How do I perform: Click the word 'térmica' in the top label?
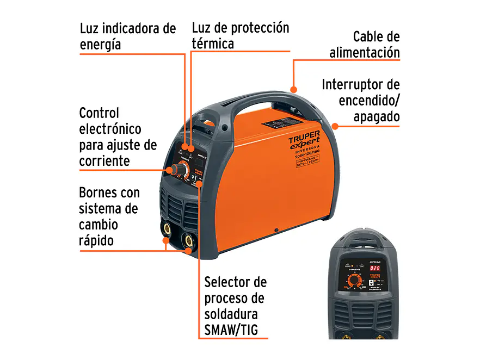pos(212,44)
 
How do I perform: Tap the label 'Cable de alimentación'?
pos(365,45)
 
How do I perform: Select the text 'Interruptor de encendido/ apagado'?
pos(360,101)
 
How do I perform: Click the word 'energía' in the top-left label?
pos(100,44)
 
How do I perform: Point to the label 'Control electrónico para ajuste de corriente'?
pos(118,136)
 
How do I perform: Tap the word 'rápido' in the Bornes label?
pos(97,240)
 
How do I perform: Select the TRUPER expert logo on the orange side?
pos(304,143)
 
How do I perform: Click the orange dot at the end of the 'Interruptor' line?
pos(335,126)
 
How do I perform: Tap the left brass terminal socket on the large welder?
pos(165,228)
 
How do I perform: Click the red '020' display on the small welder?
pos(374,268)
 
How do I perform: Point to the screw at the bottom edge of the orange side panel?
pos(276,229)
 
